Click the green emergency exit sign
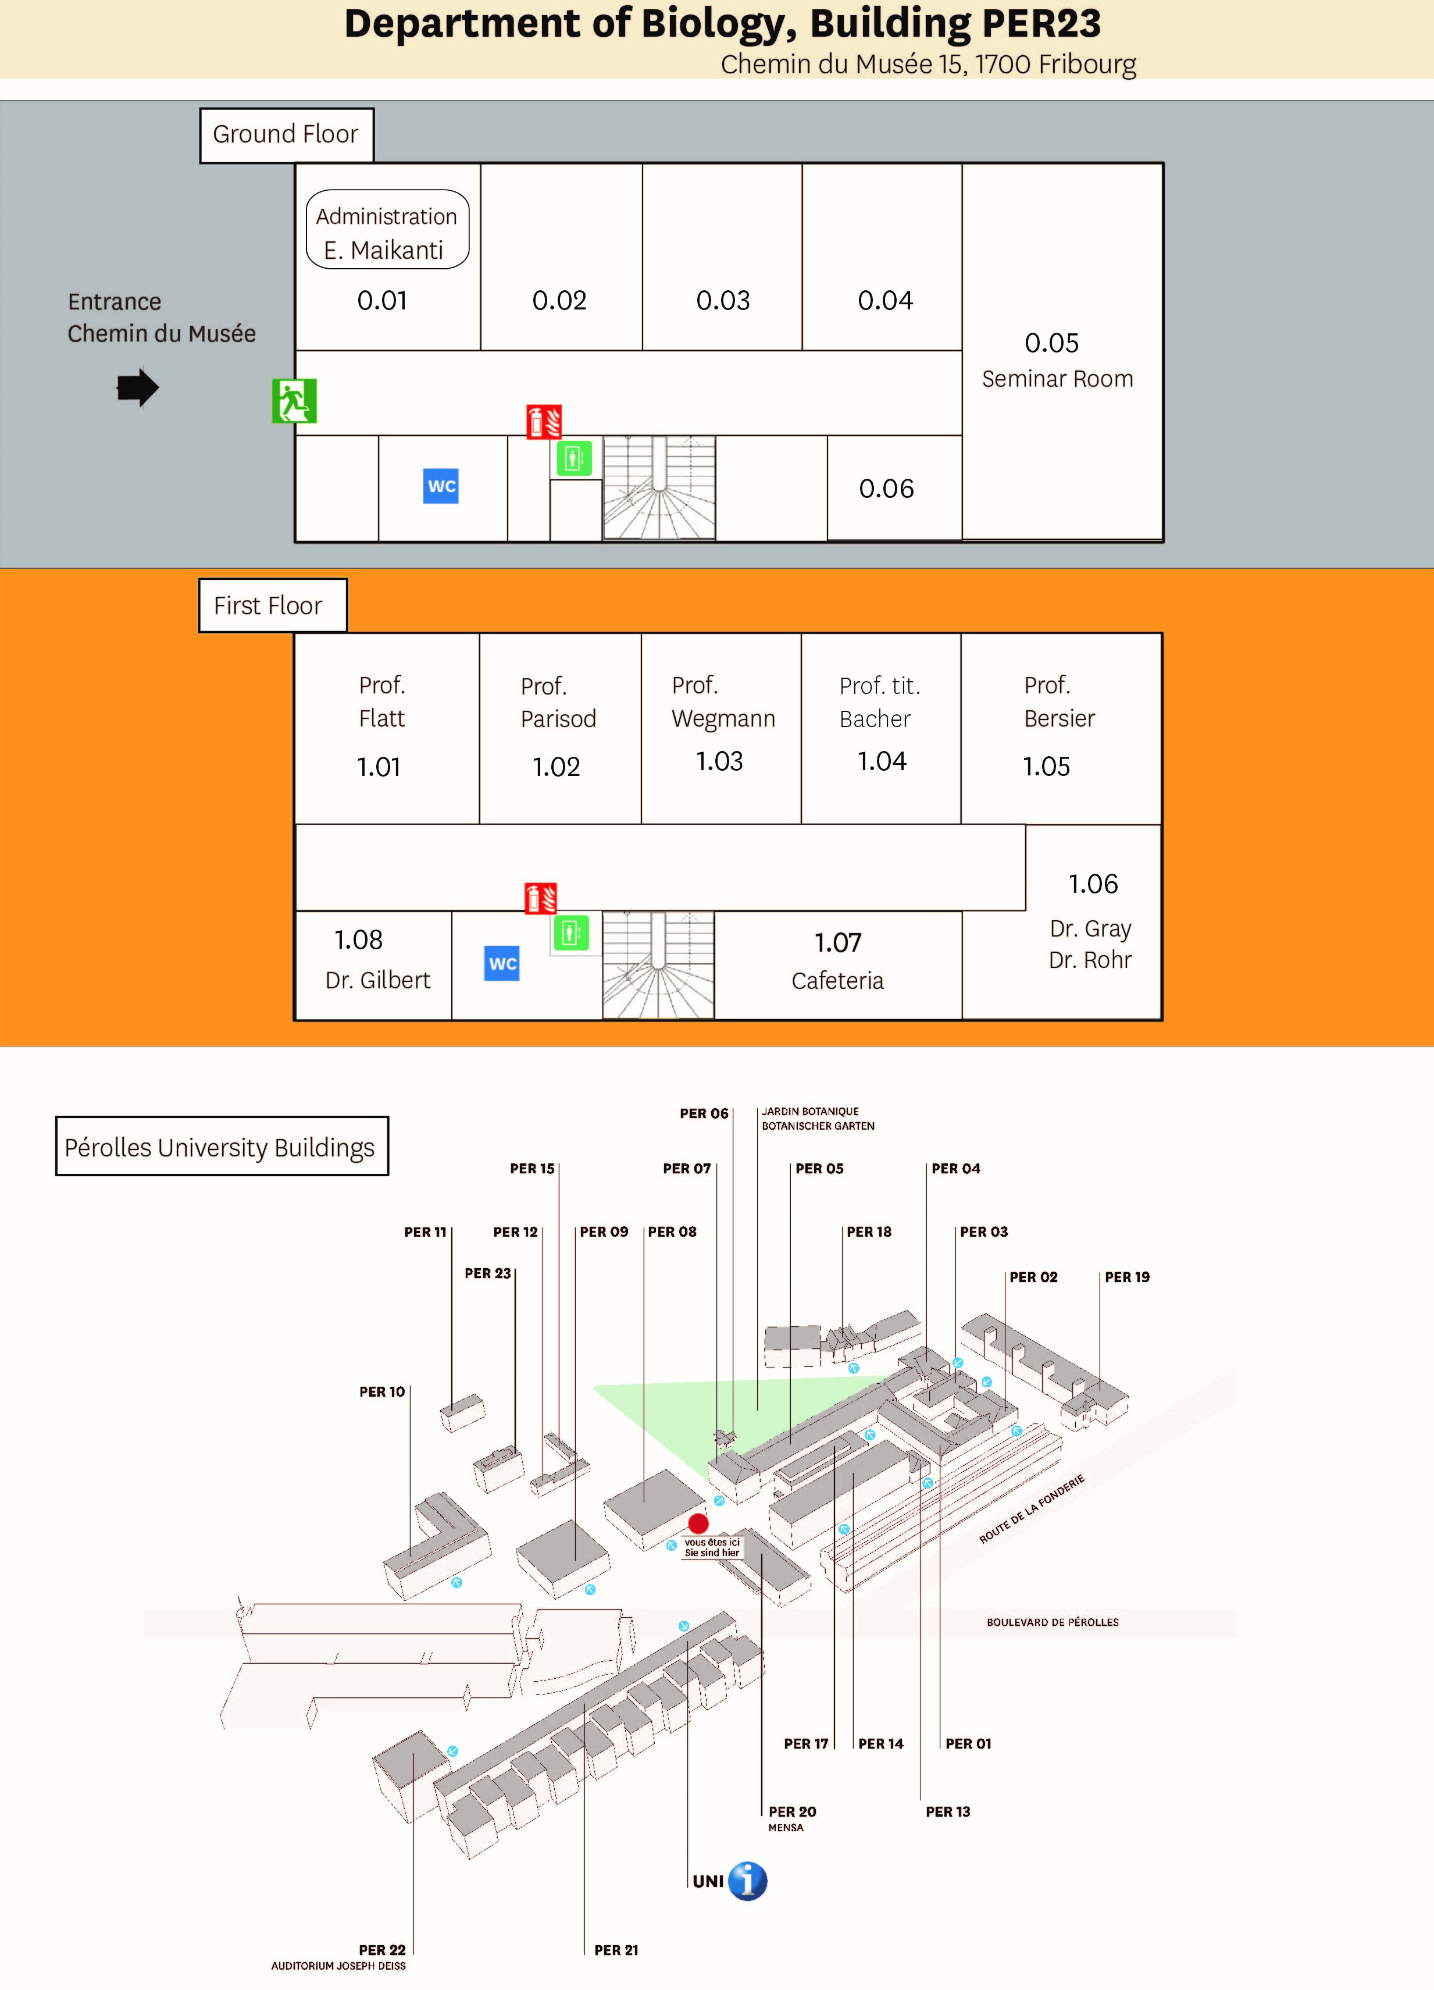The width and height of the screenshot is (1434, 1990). point(294,401)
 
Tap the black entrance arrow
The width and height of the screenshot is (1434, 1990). point(138,388)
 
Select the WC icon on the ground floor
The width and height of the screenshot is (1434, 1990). point(441,486)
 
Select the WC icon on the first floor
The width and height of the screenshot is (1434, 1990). point(502,963)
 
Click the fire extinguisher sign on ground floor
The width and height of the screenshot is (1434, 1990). point(544,421)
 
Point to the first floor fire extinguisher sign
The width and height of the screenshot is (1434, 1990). point(541,899)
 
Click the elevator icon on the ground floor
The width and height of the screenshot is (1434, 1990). point(575,458)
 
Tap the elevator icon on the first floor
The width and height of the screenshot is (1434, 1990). point(571,932)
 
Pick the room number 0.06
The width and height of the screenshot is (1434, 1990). point(886,489)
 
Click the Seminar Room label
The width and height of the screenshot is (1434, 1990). point(1057,379)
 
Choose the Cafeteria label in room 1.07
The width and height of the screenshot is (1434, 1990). point(837,980)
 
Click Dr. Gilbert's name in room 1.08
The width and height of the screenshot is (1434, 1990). point(378,980)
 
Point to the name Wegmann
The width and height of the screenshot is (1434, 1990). point(723,718)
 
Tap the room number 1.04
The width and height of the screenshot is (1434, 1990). point(882,761)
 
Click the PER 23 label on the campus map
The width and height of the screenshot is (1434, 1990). point(488,1273)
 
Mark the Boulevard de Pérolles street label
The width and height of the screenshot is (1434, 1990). point(1053,1622)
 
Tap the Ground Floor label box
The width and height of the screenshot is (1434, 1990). point(286,135)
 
